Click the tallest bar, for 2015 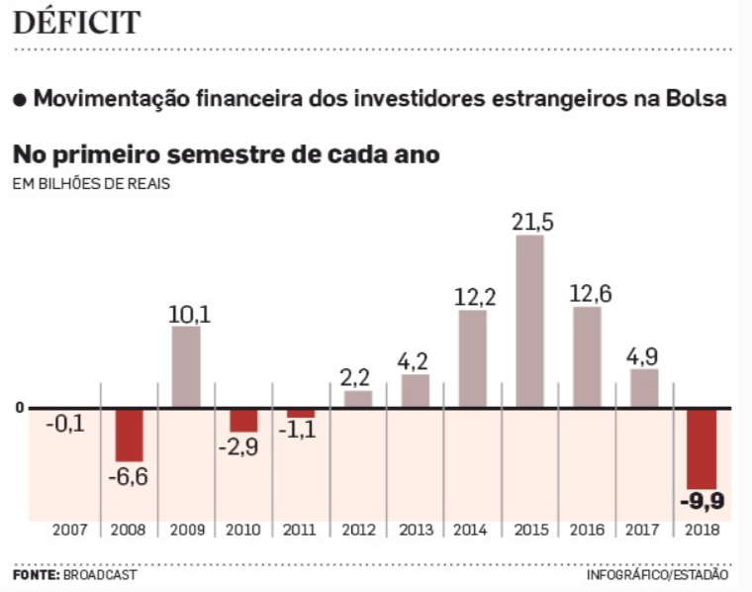529,320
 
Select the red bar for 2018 702,447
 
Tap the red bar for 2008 129,435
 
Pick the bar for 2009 186,366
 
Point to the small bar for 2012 358,398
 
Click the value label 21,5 532,222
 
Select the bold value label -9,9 703,502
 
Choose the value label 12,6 590,293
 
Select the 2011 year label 300,531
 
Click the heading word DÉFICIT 76,23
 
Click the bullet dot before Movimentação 19,100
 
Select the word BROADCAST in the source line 100,575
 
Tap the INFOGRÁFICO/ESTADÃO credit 657,575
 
